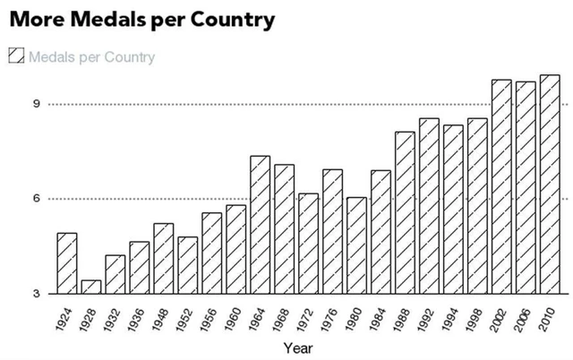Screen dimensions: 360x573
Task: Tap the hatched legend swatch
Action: pos(15,56)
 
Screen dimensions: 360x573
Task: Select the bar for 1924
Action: pos(67,263)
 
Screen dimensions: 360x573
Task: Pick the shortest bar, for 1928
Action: pos(91,287)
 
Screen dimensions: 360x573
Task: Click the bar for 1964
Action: pos(260,225)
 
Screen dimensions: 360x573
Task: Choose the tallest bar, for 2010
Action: pos(550,184)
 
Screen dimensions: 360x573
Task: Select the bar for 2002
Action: pos(501,186)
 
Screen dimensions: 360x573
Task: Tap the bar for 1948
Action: pos(164,258)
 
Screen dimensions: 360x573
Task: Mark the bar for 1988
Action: pos(405,212)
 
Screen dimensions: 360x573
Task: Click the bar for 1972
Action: pos(308,244)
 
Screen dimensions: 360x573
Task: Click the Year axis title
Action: pos(297,347)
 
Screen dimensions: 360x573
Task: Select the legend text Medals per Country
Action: pos(91,57)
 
